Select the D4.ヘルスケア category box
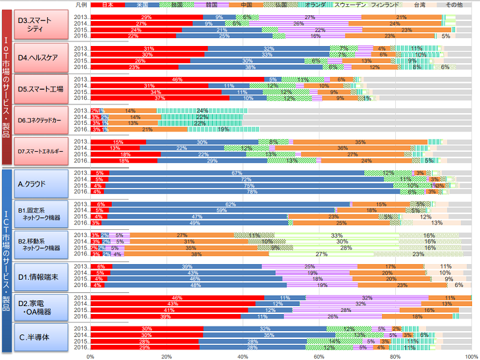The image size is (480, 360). click(46, 57)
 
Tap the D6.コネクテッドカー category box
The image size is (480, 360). click(46, 120)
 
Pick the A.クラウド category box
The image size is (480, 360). click(46, 183)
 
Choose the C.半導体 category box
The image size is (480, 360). click(46, 338)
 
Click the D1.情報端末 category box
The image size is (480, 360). click(46, 276)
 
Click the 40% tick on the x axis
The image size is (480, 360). click(243, 356)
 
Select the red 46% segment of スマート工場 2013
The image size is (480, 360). click(178, 79)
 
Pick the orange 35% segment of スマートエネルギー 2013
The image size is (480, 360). click(360, 142)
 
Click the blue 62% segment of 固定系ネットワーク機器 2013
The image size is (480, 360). click(231, 204)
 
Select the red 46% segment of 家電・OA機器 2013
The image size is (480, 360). click(178, 298)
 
